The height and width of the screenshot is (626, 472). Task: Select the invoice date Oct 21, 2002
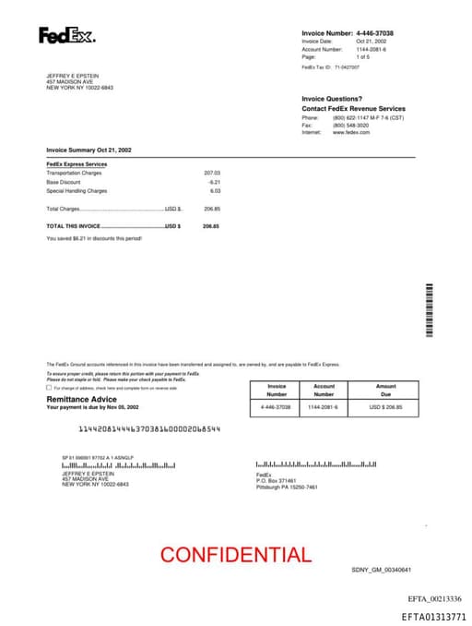(371, 42)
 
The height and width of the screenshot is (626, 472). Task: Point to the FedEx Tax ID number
(347, 67)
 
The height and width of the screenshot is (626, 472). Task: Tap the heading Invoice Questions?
(332, 99)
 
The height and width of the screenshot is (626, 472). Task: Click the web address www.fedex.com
(351, 132)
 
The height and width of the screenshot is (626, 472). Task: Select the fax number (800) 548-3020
(351, 126)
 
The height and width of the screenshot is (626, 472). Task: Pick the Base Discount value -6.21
(215, 182)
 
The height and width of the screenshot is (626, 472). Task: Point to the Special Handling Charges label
(77, 191)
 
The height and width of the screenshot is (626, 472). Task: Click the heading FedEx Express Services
(77, 164)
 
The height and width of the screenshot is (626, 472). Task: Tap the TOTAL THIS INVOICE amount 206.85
(211, 226)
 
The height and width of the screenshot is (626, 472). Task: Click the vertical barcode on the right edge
(429, 308)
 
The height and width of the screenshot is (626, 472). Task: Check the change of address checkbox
(49, 388)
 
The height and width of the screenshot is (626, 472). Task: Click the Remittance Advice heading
(82, 398)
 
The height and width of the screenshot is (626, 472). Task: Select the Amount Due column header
(385, 390)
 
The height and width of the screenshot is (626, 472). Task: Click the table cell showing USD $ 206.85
(385, 407)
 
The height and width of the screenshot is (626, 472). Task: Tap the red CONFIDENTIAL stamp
(235, 555)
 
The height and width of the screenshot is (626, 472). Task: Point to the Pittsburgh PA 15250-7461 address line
(286, 487)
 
